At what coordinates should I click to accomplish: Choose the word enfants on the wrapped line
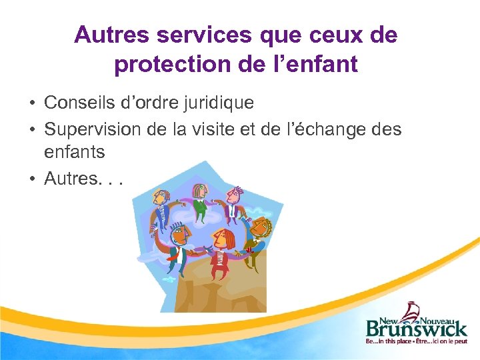74,152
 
